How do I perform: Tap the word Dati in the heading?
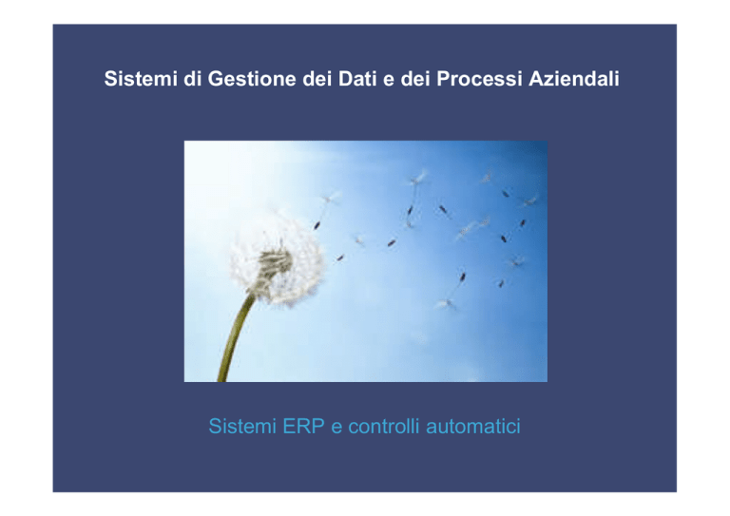(x=357, y=79)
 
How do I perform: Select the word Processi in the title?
(x=479, y=79)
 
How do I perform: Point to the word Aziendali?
(x=574, y=79)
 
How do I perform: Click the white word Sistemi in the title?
(x=141, y=79)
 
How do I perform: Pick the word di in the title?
(x=192, y=79)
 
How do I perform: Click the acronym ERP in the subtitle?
(x=303, y=427)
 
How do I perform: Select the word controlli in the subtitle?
(x=384, y=427)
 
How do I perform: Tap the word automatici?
(x=473, y=427)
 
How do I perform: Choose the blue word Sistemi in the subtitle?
(x=242, y=427)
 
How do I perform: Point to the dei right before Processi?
(x=415, y=79)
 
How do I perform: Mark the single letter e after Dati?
(x=389, y=81)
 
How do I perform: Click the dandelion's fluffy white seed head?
(x=277, y=258)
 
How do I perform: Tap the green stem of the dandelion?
(x=236, y=338)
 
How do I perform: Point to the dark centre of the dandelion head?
(x=275, y=263)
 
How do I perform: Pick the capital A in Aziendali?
(x=537, y=79)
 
